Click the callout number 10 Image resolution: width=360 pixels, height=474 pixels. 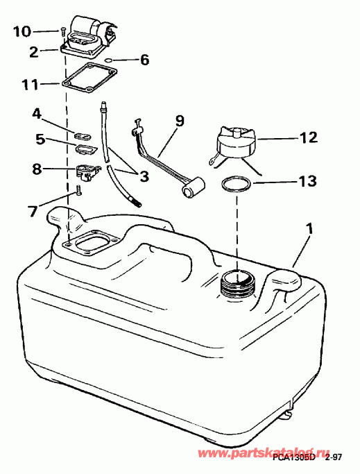click(x=22, y=31)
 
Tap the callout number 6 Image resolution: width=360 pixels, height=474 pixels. click(x=144, y=60)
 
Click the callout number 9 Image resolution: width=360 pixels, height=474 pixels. click(x=180, y=121)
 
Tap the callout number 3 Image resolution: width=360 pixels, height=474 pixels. click(x=144, y=176)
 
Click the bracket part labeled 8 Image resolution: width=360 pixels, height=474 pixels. click(x=87, y=169)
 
